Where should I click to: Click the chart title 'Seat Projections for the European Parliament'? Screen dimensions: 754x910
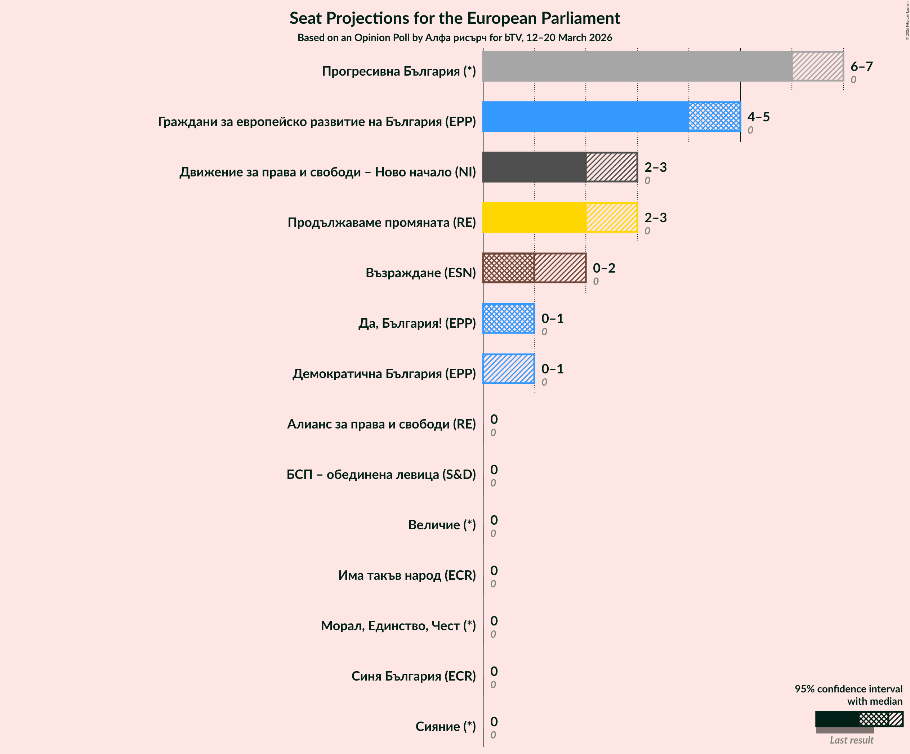click(x=455, y=18)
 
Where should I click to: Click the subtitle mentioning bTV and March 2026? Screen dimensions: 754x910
click(x=455, y=38)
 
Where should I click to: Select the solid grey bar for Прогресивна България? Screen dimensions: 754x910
click(x=637, y=66)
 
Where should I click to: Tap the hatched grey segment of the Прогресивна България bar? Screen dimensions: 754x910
click(x=817, y=66)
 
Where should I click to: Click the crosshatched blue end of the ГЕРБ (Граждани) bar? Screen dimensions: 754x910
click(x=714, y=117)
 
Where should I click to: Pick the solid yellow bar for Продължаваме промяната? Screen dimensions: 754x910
click(x=534, y=217)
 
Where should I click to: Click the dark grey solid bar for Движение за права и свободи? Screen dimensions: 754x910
click(x=534, y=167)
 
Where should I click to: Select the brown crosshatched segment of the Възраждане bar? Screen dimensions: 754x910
click(x=508, y=268)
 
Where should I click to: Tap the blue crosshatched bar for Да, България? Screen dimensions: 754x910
click(x=508, y=318)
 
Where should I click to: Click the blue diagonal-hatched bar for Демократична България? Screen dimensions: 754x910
click(x=508, y=369)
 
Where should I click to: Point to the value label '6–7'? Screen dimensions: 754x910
click(x=861, y=66)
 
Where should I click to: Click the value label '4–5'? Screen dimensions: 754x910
click(x=758, y=117)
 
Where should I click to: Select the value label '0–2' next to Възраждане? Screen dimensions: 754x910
click(x=604, y=268)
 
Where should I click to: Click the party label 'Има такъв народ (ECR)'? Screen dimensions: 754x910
click(x=406, y=575)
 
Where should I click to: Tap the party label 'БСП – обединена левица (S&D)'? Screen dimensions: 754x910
click(x=381, y=474)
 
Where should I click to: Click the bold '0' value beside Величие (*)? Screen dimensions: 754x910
click(x=494, y=520)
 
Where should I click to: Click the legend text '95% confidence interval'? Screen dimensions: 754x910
click(x=848, y=688)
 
